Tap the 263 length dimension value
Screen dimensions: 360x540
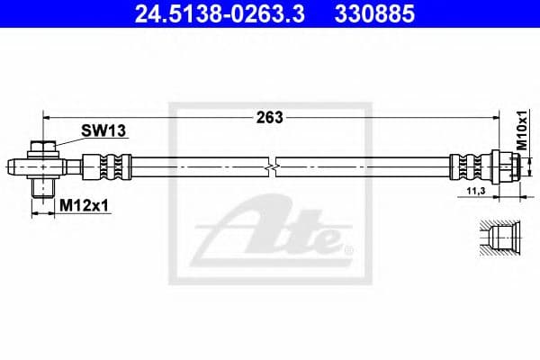[270, 117]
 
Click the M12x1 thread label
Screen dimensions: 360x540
[84, 206]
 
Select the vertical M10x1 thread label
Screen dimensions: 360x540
[521, 130]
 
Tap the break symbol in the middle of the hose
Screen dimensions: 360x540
[273, 167]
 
